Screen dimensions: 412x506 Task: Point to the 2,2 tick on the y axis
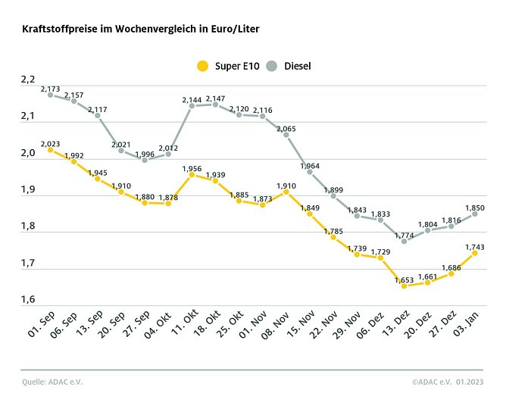click(28, 80)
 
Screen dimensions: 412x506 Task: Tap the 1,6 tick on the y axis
click(28, 301)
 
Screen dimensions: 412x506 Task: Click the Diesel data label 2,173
click(51, 89)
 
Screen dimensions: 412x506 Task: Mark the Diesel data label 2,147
click(215, 98)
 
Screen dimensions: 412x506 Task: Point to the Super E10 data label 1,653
click(404, 279)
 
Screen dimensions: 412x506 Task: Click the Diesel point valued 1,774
click(404, 241)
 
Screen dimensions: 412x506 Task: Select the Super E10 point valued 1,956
click(192, 174)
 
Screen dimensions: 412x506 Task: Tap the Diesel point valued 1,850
click(475, 214)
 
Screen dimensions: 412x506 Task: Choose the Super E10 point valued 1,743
click(475, 253)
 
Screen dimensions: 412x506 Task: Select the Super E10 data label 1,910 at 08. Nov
click(286, 185)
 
